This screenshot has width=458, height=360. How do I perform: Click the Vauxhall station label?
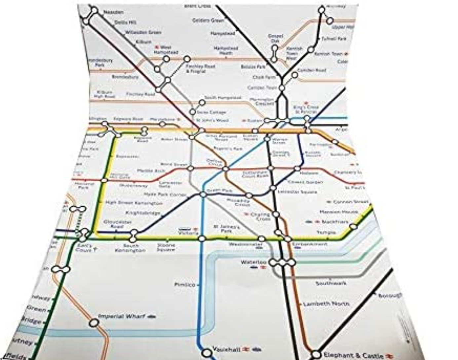(x=226, y=349)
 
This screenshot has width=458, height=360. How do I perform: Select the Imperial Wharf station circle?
(x=94, y=323)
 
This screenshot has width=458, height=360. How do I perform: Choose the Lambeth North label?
(x=326, y=304)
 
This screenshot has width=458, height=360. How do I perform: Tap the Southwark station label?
(x=331, y=283)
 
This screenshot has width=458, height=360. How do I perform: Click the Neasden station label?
(x=113, y=12)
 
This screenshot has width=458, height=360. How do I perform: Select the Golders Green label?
(x=208, y=20)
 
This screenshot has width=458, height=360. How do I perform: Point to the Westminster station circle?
(x=261, y=238)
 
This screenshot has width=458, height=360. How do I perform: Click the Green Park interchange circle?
(x=203, y=195)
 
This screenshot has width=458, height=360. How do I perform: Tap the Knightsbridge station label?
(x=143, y=213)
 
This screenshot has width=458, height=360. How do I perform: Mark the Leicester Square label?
(x=297, y=192)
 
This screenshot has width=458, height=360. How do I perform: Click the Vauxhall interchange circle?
(x=207, y=352)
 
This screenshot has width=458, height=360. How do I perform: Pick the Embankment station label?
(x=310, y=244)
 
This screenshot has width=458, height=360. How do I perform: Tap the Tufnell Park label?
(x=334, y=39)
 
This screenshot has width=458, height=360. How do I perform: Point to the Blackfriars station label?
(x=335, y=222)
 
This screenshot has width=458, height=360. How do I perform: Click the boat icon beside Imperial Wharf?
(x=152, y=316)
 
